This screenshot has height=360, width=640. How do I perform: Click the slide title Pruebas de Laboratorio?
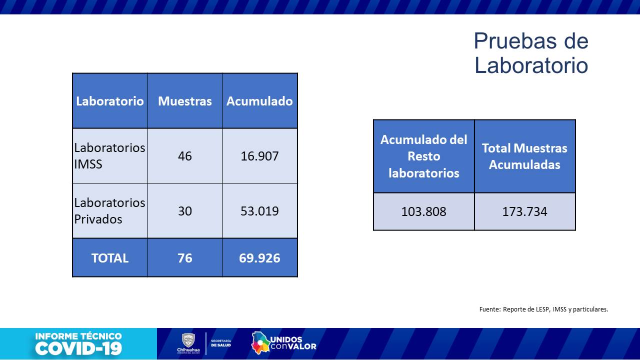tap(531, 53)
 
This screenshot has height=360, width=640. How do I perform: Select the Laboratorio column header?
tap(110, 101)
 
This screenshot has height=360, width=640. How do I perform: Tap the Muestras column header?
tap(185, 101)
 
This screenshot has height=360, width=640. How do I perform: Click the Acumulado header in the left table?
tap(259, 101)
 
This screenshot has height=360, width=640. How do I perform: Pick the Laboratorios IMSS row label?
tap(109, 155)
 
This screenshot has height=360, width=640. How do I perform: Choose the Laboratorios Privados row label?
tap(109, 210)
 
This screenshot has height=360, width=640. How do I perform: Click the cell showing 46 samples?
tap(185, 156)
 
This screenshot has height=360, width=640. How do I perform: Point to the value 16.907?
tap(259, 156)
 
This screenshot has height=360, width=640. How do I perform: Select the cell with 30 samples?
tap(185, 211)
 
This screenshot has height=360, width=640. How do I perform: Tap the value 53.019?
tap(259, 211)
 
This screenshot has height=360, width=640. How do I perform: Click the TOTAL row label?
tap(110, 258)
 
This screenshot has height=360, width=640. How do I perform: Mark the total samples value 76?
tap(185, 258)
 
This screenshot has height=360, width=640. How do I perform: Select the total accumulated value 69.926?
tap(259, 258)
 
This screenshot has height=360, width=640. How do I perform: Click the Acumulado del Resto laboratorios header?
tap(424, 156)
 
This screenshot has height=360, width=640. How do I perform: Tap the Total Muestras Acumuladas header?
tap(524, 156)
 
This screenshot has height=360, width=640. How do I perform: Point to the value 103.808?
tap(424, 211)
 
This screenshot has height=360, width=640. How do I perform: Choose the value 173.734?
tap(524, 211)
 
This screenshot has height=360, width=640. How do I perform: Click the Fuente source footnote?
tap(543, 309)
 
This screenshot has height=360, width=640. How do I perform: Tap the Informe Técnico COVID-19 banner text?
tap(78, 343)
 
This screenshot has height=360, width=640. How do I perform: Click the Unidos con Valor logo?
tap(284, 343)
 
